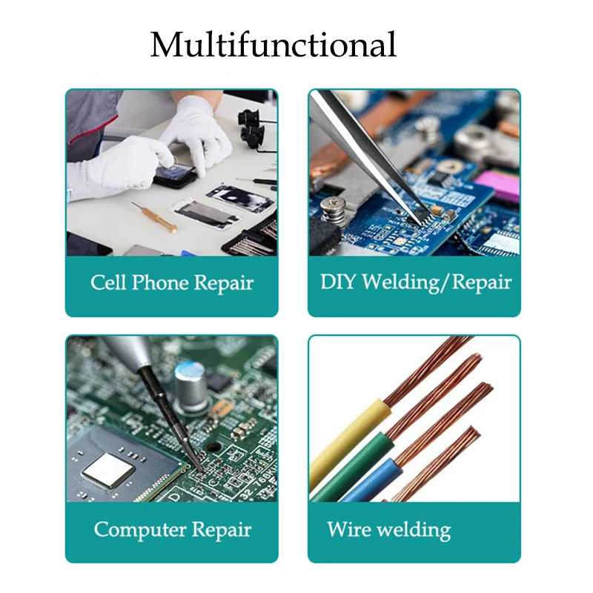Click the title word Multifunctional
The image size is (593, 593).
click(x=274, y=45)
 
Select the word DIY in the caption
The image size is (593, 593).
click(x=337, y=282)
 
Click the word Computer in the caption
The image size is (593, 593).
click(x=140, y=529)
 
